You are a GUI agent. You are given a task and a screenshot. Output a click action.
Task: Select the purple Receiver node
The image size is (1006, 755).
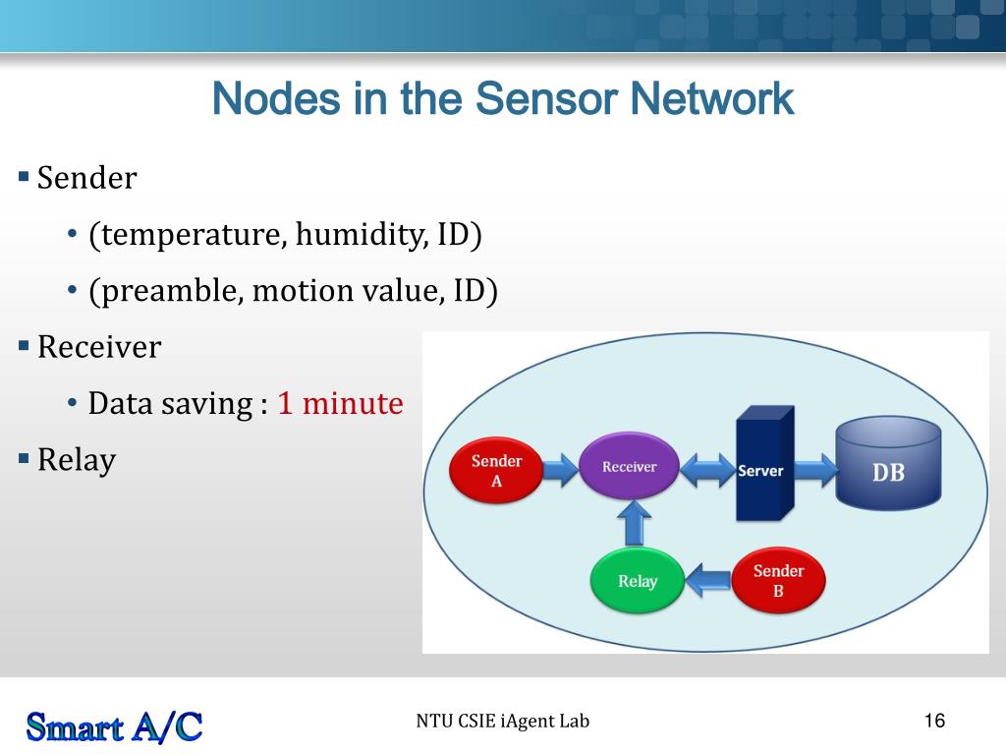point(629,467)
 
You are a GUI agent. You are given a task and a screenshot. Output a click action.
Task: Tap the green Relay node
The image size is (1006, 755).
point(637,581)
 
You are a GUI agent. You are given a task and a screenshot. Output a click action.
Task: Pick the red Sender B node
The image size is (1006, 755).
point(778,581)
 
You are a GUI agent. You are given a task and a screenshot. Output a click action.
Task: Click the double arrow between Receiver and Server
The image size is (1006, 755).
point(709,470)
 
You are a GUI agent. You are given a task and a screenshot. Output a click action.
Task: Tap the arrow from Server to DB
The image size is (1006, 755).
point(813,470)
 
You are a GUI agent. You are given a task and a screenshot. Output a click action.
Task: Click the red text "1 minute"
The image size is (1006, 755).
point(340,403)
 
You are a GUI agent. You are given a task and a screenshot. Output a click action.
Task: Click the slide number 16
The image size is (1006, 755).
point(934,722)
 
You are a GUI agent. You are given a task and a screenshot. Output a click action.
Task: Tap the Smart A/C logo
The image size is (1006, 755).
point(114,726)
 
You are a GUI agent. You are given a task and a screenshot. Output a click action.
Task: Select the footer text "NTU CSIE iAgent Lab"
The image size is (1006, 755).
point(502,722)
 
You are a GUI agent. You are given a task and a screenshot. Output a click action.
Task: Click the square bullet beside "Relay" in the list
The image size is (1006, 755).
point(24,458)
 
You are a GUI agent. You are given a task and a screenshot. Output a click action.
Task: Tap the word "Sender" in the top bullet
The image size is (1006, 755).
point(86,178)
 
